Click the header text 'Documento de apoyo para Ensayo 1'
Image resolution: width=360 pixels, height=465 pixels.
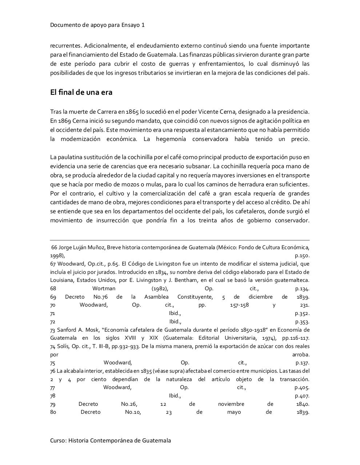(x=97, y=25)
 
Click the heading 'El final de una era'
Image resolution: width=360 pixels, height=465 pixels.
(x=81, y=92)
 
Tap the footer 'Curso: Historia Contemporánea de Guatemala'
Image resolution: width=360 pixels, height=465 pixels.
(x=110, y=440)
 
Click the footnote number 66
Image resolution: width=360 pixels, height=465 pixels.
(x=54, y=247)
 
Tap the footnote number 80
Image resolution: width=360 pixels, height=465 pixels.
(x=53, y=412)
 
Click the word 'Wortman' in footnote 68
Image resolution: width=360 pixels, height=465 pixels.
(x=104, y=288)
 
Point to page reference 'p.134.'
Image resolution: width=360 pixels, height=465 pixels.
(x=302, y=288)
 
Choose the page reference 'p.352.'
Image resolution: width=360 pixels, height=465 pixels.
(x=302, y=313)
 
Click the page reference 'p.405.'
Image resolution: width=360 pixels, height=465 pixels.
(x=302, y=387)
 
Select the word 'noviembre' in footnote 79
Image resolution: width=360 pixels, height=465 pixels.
(x=231, y=404)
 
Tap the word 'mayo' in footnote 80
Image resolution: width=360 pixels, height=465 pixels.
(x=234, y=412)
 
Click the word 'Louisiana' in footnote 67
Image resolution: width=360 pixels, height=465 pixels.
(x=63, y=280)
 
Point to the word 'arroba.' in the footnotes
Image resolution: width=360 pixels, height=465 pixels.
(x=301, y=355)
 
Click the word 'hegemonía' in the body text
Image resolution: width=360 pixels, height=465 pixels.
(x=171, y=139)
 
